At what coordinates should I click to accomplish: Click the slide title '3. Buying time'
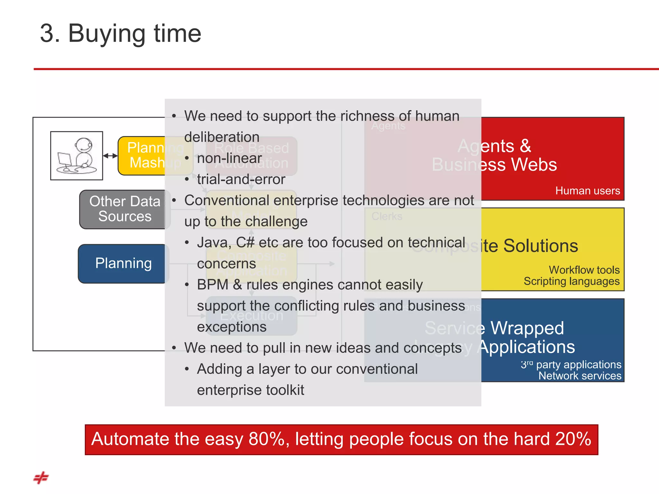(120, 33)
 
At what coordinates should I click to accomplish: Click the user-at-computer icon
(77, 156)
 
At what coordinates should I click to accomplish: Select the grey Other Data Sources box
(124, 209)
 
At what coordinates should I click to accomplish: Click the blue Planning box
(123, 263)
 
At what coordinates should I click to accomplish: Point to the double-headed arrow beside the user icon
(110, 156)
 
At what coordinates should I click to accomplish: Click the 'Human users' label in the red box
(587, 191)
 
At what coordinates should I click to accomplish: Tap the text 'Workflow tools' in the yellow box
(584, 270)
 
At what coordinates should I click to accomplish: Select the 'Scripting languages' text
(571, 281)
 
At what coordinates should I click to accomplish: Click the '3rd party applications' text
(571, 365)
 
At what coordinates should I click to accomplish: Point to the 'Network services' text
(580, 376)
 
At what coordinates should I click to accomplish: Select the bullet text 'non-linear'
(229, 158)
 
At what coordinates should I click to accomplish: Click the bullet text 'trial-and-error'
(241, 179)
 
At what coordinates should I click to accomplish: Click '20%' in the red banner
(573, 439)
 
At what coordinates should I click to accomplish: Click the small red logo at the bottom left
(41, 478)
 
